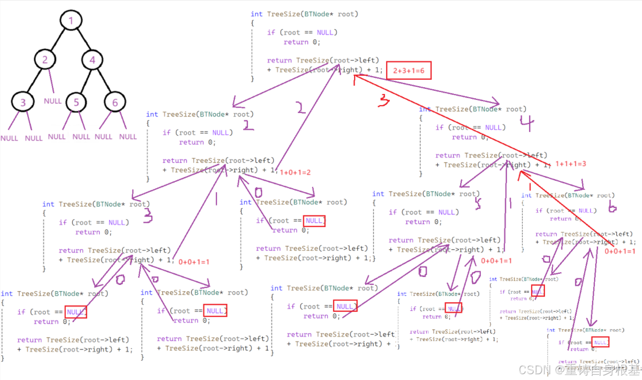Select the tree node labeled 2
click(x=45, y=60)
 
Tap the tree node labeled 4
click(x=92, y=60)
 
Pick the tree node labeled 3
click(x=23, y=102)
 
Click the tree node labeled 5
click(x=77, y=102)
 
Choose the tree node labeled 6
click(x=115, y=102)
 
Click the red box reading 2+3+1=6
click(x=408, y=71)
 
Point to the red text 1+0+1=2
click(x=295, y=172)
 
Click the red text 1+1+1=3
click(x=571, y=164)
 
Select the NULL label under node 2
click(x=53, y=101)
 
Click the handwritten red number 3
click(x=384, y=100)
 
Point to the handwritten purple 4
click(x=526, y=124)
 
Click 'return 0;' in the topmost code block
click(x=302, y=42)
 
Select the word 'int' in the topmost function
click(x=256, y=14)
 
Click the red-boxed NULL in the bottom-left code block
click(x=75, y=312)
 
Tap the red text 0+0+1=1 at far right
click(x=620, y=251)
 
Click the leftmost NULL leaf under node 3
click(x=9, y=138)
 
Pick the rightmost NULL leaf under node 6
click(x=128, y=137)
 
